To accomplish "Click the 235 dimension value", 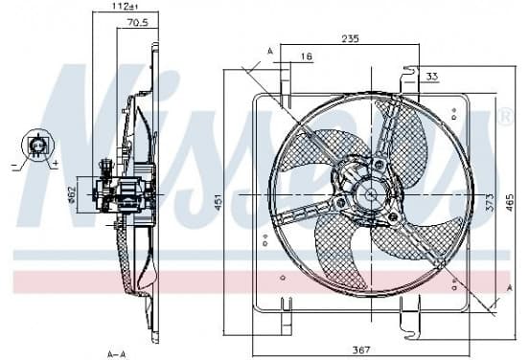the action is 351,38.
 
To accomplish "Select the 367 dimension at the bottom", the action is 361,350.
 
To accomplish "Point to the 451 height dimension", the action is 218,202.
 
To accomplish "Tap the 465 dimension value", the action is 509,203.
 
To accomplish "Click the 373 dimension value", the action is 490,202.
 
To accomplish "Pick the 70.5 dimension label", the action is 138,23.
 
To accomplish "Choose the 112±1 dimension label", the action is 126,6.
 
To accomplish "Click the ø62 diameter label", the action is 72,194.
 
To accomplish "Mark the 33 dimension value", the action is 432,77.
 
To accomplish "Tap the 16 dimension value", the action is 307,56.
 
